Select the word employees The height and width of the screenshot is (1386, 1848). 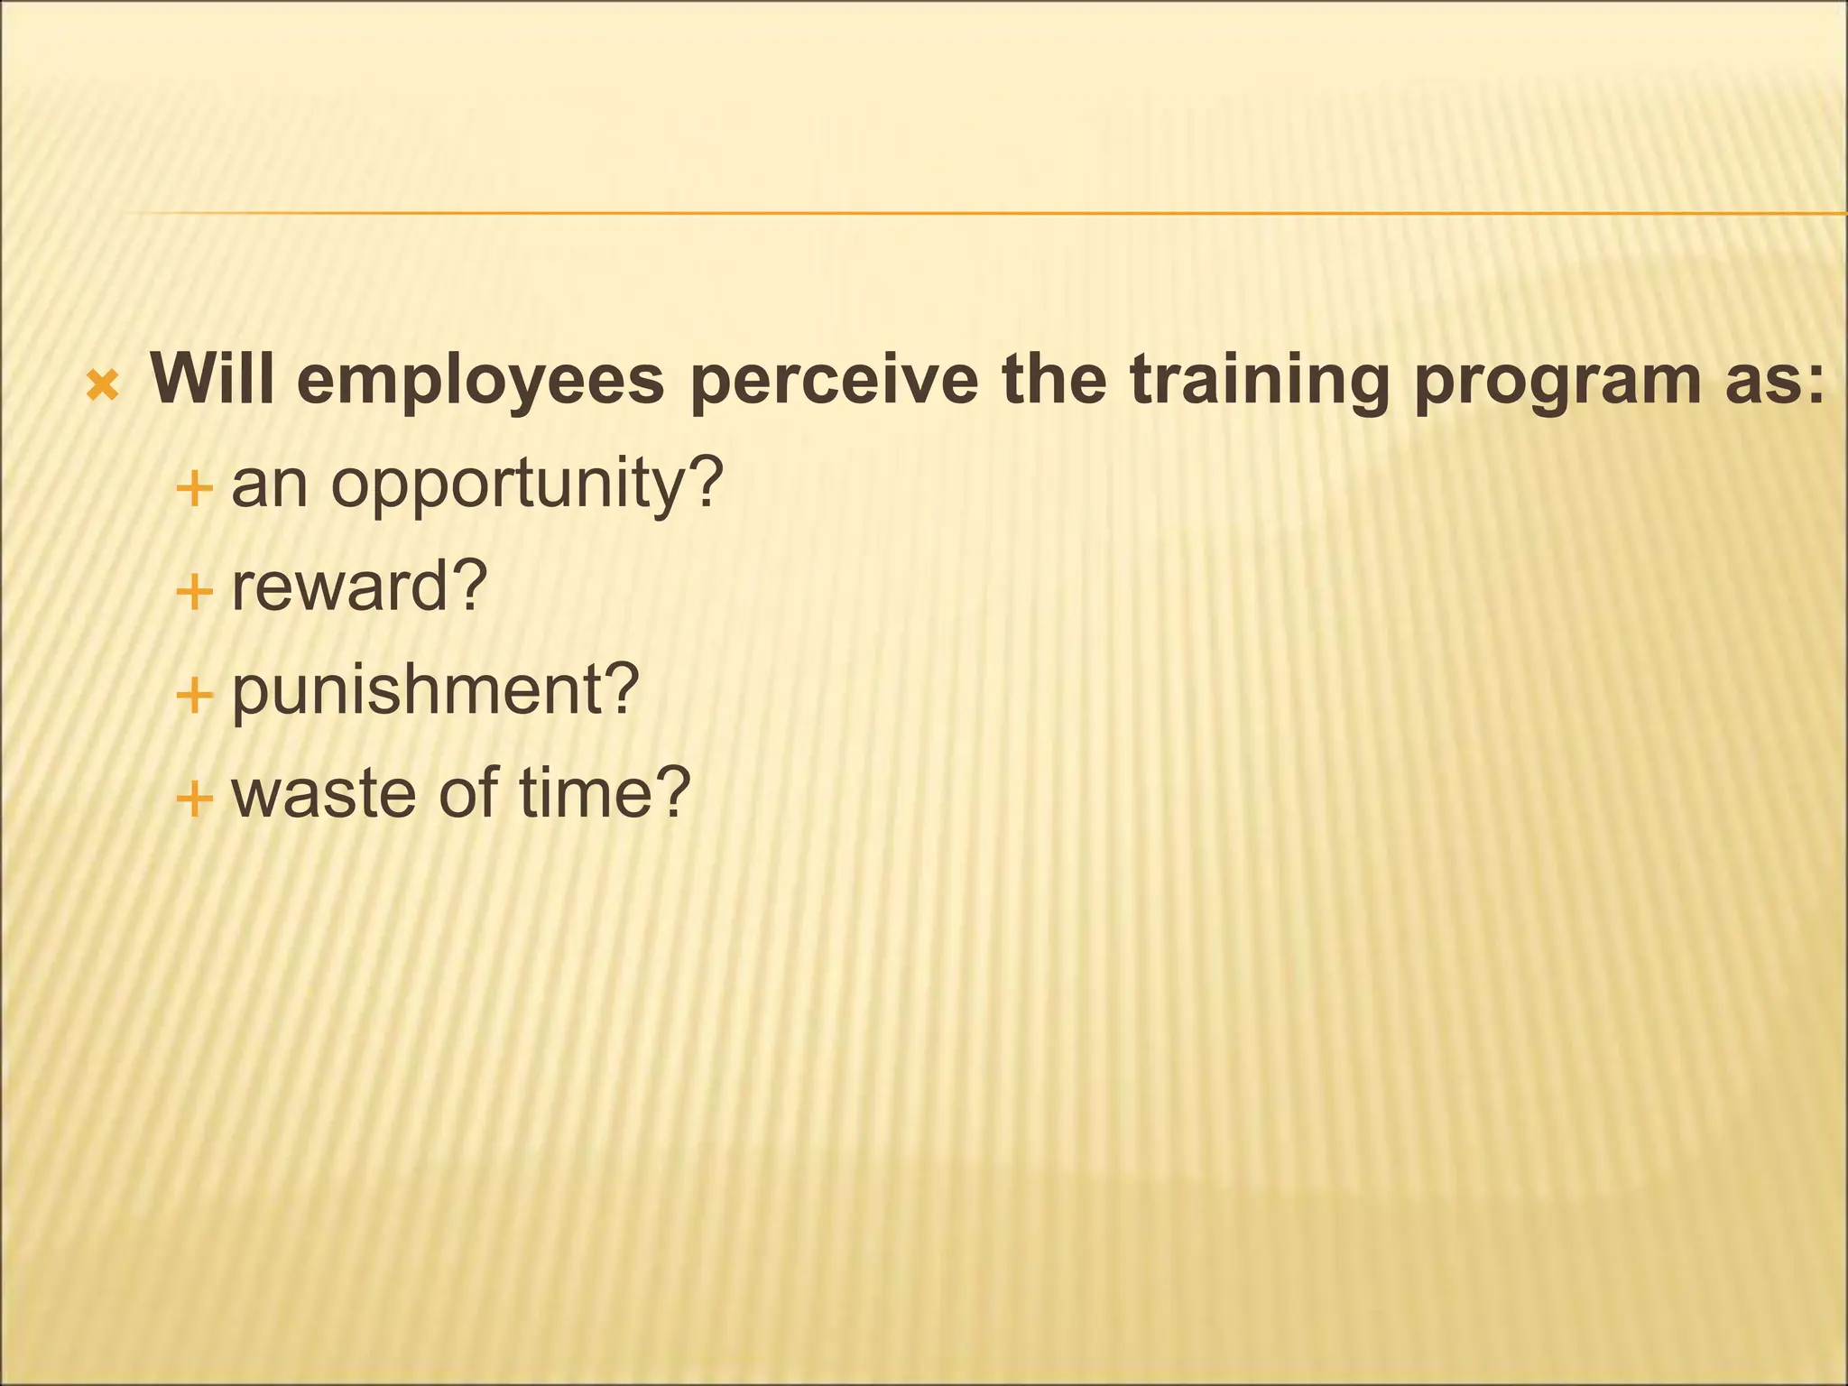480,381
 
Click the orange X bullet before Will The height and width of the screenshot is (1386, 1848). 102,385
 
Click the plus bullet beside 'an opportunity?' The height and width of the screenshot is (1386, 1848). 194,490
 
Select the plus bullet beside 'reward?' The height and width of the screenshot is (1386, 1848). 194,593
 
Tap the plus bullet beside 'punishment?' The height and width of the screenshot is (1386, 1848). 194,696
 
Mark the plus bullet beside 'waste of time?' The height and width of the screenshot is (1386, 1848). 194,799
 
